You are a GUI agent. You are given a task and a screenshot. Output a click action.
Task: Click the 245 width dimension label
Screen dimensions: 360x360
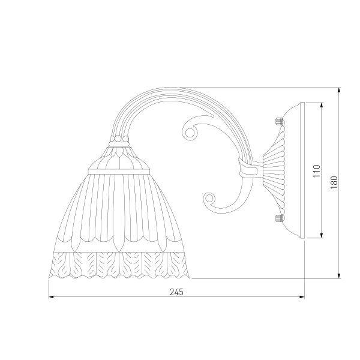[176, 292]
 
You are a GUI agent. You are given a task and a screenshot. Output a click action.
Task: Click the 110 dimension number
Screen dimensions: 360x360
[317, 171]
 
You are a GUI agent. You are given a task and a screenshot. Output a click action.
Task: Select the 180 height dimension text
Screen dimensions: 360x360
[334, 182]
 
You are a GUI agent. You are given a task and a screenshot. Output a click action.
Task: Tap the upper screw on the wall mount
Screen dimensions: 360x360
[278, 121]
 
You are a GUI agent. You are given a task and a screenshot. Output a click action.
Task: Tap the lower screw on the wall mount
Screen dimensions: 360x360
[278, 218]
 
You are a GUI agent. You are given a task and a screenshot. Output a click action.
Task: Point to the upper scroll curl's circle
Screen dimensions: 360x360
[190, 133]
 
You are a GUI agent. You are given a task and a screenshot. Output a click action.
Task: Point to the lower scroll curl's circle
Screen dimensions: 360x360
[209, 197]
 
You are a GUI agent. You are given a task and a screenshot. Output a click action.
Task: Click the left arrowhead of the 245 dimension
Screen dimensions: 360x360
[51, 297]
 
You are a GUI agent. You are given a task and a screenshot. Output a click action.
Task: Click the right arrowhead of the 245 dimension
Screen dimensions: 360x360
[302, 297]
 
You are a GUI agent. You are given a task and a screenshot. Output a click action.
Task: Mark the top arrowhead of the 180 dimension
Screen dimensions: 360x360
[339, 90]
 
